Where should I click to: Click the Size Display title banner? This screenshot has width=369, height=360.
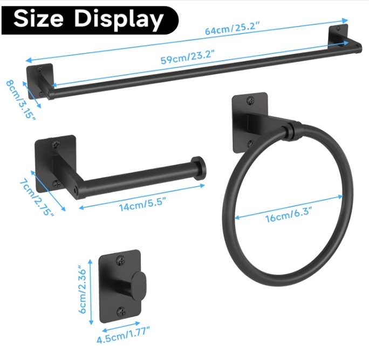89,20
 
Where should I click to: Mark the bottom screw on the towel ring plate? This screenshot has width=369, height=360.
250,144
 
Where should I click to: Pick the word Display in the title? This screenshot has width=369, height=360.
119,20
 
